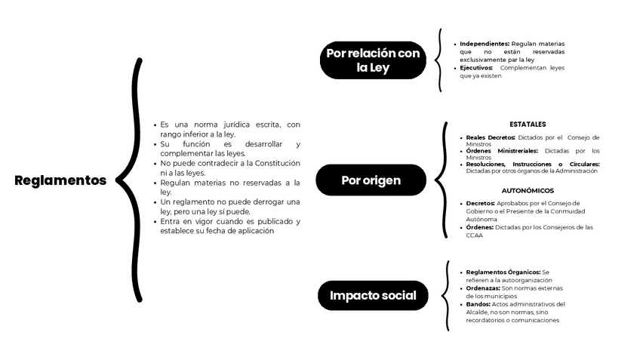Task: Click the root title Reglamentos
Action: [x=60, y=180]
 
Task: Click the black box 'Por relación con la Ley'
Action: [x=373, y=60]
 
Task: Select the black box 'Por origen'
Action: [x=371, y=180]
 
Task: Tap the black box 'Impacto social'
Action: [x=373, y=295]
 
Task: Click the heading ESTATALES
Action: [x=528, y=124]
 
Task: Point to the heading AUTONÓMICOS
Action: [x=528, y=191]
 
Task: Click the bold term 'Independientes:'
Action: [x=485, y=44]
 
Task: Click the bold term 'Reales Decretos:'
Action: [x=491, y=137]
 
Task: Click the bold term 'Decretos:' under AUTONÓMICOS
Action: [x=481, y=203]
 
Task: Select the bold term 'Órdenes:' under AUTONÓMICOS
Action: [x=480, y=227]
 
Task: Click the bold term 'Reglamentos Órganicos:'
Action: [x=503, y=272]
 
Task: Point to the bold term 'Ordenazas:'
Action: [x=483, y=288]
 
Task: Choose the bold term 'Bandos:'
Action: [x=478, y=304]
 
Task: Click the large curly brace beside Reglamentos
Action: [x=132, y=180]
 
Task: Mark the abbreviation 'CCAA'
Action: [x=474, y=235]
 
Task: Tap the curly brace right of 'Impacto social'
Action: [x=447, y=295]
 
